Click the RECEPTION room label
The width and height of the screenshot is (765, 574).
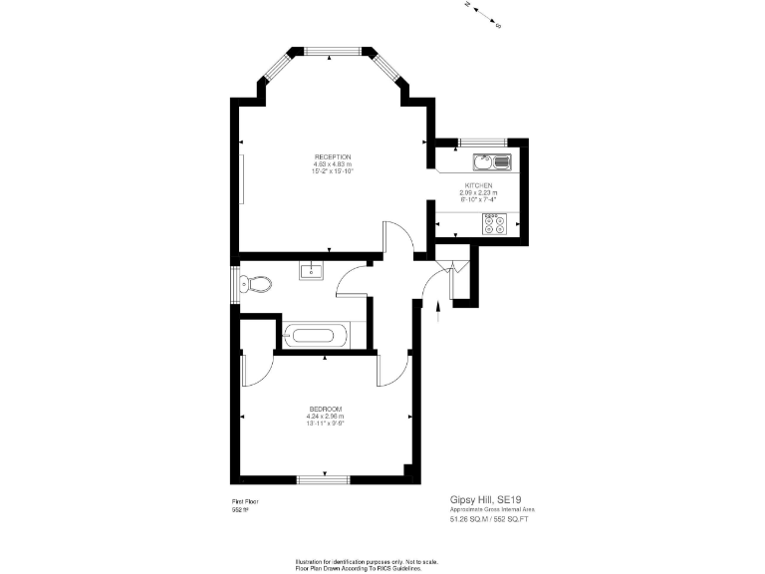[333, 156]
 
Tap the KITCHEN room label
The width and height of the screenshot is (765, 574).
[478, 184]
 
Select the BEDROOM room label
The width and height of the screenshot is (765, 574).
[327, 410]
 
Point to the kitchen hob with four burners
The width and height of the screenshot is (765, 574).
[494, 224]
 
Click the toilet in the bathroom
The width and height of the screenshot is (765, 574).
[257, 284]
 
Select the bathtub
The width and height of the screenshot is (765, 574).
[316, 335]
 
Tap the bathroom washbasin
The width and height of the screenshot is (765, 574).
[311, 269]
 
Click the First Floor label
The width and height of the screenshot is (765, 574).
[245, 501]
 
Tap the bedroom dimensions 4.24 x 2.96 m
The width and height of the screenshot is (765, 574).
[327, 417]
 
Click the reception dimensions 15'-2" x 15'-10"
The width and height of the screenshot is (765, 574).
[333, 171]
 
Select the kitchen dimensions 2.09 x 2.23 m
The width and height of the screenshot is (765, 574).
[478, 192]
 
